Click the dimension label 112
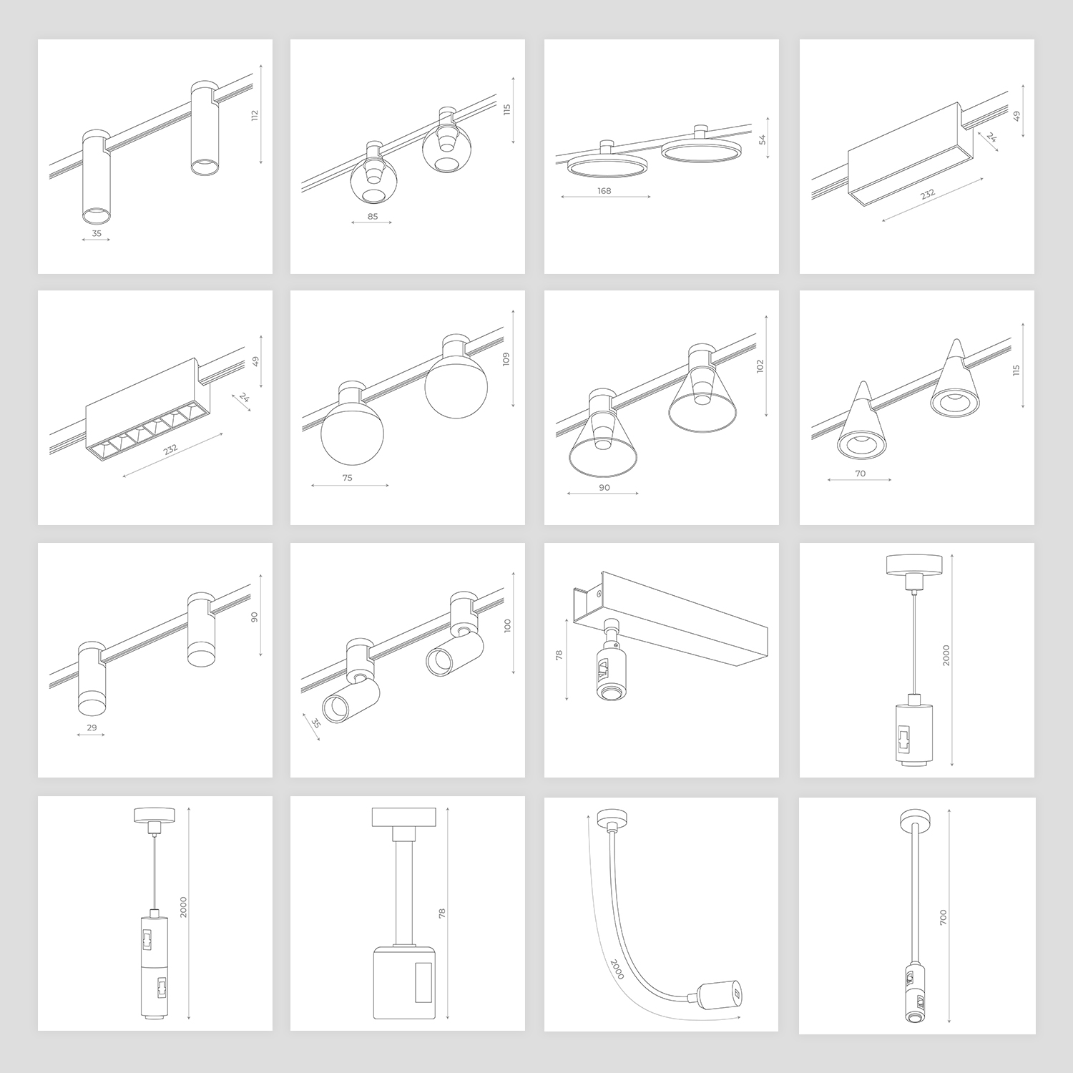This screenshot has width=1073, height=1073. tap(255, 116)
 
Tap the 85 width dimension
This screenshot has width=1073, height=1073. tap(372, 216)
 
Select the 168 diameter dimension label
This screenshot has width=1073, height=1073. tap(604, 191)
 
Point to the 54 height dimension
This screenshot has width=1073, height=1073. tap(763, 139)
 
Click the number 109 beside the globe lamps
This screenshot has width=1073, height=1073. tap(506, 359)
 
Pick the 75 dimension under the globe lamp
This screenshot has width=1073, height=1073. tap(348, 478)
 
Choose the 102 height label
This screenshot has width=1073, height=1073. tap(760, 366)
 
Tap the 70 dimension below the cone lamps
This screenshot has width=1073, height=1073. tap(861, 474)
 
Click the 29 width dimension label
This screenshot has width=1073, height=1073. tap(92, 728)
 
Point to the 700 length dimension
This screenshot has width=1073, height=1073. tap(943, 917)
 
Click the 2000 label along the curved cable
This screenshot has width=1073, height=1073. tap(614, 969)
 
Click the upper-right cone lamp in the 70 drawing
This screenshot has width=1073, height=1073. tap(953, 379)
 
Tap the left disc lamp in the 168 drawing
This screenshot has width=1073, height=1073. tap(608, 166)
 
